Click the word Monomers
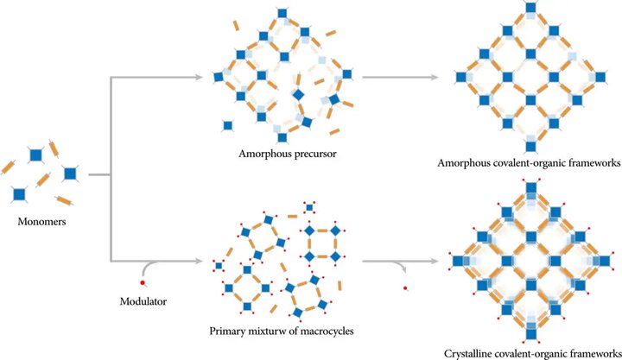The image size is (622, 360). (41, 221)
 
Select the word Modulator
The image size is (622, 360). (143, 301)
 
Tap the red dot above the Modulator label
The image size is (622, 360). (143, 282)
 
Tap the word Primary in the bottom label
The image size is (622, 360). (228, 331)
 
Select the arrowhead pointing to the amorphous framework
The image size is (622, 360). (435, 78)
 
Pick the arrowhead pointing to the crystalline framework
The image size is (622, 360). (435, 262)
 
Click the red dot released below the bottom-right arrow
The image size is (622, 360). (405, 288)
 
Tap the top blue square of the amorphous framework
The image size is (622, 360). (530, 8)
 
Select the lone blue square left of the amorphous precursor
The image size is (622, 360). (228, 126)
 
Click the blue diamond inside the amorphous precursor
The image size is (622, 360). (298, 95)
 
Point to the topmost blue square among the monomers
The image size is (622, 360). (35, 155)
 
